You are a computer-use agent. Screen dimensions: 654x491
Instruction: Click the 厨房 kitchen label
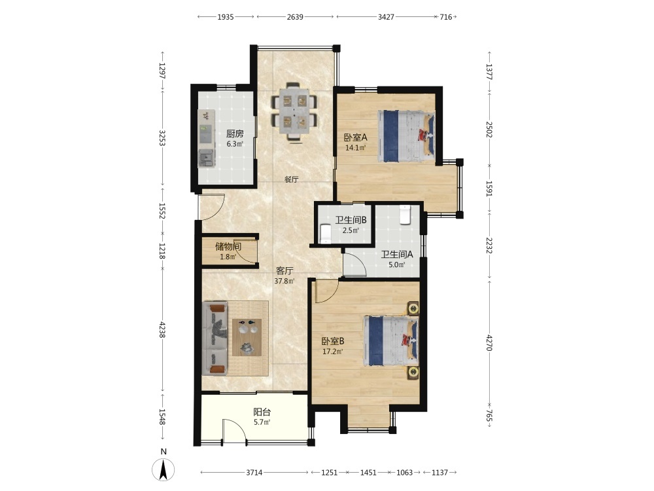coord(235,134)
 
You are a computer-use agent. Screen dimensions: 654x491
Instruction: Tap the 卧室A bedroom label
coord(355,137)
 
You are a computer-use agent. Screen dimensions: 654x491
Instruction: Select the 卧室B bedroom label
coord(333,341)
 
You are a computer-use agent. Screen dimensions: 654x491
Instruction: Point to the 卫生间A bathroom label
coord(397,254)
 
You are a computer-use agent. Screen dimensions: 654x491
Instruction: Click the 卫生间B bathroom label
coord(351,219)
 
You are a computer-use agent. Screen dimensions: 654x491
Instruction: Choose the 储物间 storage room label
coord(228,246)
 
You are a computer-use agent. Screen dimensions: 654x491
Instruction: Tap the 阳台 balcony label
coord(262,412)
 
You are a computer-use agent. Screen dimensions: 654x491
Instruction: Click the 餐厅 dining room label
coord(291,179)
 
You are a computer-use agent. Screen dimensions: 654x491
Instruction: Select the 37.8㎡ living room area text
coord(284,281)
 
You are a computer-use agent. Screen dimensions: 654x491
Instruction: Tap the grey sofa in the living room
coord(215,338)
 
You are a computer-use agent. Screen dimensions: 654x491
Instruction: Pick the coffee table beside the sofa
coord(247,337)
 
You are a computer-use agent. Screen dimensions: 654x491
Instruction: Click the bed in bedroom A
coord(406,136)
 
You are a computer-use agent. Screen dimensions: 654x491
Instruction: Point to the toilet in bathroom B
coord(325,234)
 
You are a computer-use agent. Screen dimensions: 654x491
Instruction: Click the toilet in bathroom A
coord(405,215)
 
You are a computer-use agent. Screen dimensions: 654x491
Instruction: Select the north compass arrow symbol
coord(163,469)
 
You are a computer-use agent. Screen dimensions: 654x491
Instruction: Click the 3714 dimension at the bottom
coord(254,473)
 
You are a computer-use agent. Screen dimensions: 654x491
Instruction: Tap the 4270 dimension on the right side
coord(489,342)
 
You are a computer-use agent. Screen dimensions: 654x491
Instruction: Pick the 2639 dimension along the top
coord(295,17)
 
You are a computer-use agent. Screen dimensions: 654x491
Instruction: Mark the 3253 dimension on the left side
coord(162,137)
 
